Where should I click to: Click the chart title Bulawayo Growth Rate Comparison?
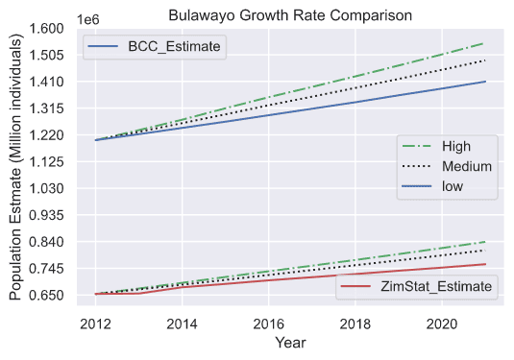(290, 15)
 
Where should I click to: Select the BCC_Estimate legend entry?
(155, 46)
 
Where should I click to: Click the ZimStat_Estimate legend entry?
(416, 286)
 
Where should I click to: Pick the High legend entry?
(436, 146)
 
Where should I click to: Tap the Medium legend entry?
(447, 166)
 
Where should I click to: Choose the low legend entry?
(432, 186)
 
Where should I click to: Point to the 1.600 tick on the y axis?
(46, 28)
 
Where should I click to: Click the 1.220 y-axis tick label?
(46, 135)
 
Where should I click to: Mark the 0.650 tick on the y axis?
(46, 295)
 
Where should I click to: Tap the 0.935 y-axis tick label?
(46, 215)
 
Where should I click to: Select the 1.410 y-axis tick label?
(46, 82)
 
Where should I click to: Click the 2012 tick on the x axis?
(95, 324)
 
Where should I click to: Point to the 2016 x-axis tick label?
(268, 324)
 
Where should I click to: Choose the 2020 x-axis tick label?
(442, 324)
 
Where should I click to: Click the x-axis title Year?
(290, 343)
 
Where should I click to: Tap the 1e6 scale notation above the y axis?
(87, 19)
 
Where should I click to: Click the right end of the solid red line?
(485, 264)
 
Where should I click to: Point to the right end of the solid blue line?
(485, 82)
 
